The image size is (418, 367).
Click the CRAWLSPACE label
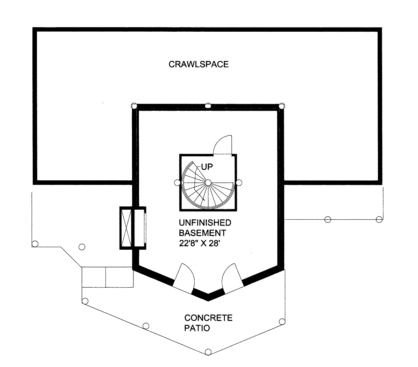tap(199, 64)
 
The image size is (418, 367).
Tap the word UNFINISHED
tap(205, 222)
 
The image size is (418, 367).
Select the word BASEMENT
tap(202, 233)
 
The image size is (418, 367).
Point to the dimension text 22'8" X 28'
tap(199, 243)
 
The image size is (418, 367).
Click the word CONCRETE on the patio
tap(208, 318)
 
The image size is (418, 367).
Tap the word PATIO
tap(197, 328)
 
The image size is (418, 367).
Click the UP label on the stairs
tap(207, 167)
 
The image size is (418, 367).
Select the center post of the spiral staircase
tap(208, 182)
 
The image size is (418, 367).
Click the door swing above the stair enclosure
tap(222, 145)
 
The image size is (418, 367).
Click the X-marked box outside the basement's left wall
tap(125, 228)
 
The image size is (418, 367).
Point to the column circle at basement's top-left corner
tap(134, 106)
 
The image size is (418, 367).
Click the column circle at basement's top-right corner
tap(282, 106)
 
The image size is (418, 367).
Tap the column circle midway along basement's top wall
tap(208, 106)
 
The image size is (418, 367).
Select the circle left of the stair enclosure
tap(177, 182)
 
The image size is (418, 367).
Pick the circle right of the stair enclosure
tap(239, 182)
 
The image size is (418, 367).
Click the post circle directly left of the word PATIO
tap(146, 326)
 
